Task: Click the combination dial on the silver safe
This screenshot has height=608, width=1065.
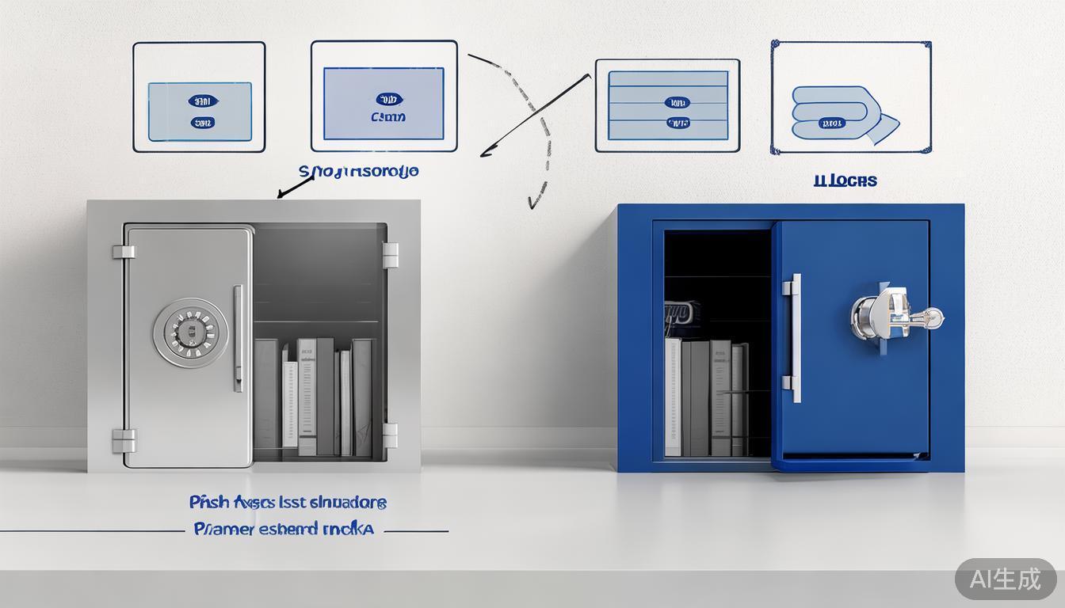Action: coord(190,332)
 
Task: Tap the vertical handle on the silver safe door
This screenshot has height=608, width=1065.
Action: coord(238,339)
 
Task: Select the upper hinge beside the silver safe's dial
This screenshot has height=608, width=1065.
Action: coord(123,252)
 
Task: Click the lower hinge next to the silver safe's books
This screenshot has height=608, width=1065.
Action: coord(390,435)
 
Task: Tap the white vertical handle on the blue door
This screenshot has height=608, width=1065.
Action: coord(793,338)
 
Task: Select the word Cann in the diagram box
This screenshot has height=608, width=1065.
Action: coord(387,117)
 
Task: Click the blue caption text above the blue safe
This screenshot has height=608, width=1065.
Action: coord(845,181)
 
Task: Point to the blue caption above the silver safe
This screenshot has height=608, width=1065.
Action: coord(359,171)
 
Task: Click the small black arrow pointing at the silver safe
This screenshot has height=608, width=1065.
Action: coord(293,187)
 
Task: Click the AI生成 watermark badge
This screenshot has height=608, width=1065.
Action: coord(1005,579)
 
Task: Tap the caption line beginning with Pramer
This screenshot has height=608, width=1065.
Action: coord(284,528)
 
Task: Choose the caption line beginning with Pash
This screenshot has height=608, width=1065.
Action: coord(288,502)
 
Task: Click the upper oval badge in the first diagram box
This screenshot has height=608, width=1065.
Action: coord(203,101)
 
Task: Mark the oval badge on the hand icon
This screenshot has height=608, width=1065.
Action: coord(831,123)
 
